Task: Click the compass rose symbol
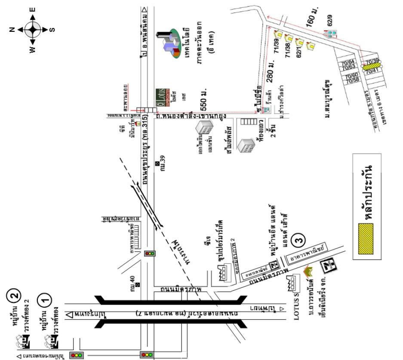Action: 33,29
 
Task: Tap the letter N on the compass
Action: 13,29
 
